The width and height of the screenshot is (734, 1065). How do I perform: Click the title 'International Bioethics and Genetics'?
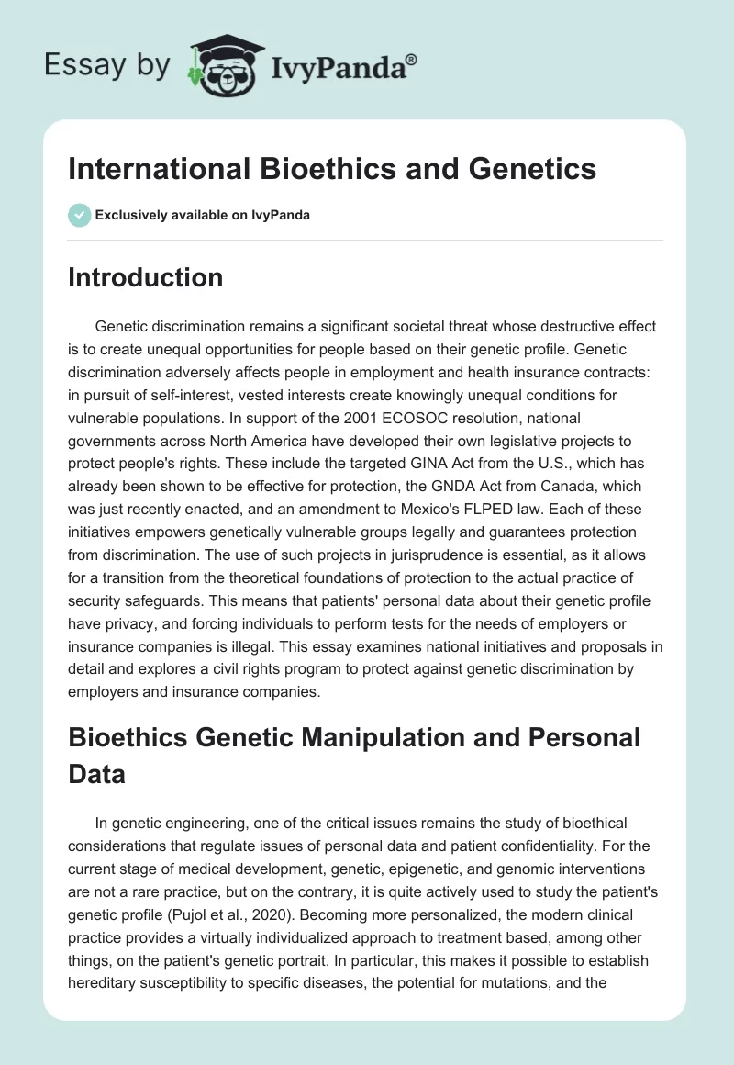(x=332, y=169)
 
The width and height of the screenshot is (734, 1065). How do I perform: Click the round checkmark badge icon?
(x=78, y=215)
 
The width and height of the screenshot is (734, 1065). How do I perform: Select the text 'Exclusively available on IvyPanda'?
(x=203, y=215)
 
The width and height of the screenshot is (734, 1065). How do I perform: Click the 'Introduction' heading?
(x=145, y=277)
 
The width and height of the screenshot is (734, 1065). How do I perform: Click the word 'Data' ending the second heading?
(x=96, y=774)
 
